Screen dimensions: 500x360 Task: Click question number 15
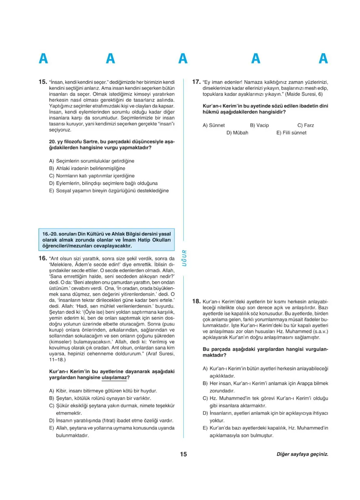click(43, 82)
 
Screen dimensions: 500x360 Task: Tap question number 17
click(196, 82)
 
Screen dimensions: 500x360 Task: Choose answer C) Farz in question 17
click(305, 125)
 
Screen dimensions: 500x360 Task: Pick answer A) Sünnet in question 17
click(214, 125)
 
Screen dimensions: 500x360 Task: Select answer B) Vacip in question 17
click(259, 125)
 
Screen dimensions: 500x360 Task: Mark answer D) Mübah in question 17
click(237, 132)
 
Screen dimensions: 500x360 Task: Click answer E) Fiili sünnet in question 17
click(291, 132)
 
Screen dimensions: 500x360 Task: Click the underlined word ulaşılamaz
click(113, 377)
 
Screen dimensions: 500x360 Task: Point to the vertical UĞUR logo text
click(184, 258)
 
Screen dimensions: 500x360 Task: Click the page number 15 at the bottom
click(183, 454)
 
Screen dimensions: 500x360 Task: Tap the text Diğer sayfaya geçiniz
click(302, 454)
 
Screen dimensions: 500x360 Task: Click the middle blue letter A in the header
click(183, 59)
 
